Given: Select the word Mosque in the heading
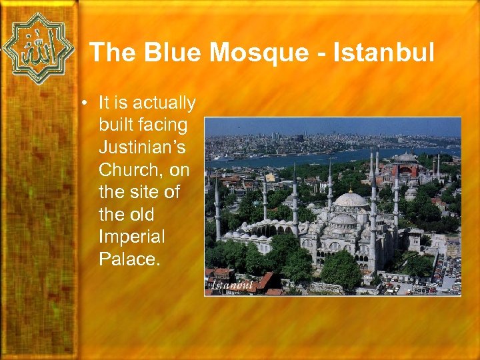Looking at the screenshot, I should pyautogui.click(x=247, y=52).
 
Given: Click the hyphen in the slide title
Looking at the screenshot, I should pyautogui.click(x=314, y=53).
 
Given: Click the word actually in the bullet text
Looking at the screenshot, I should pyautogui.click(x=164, y=103).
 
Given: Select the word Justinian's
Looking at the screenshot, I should pyautogui.click(x=141, y=148).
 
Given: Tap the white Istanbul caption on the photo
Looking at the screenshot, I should pyautogui.click(x=232, y=285).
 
